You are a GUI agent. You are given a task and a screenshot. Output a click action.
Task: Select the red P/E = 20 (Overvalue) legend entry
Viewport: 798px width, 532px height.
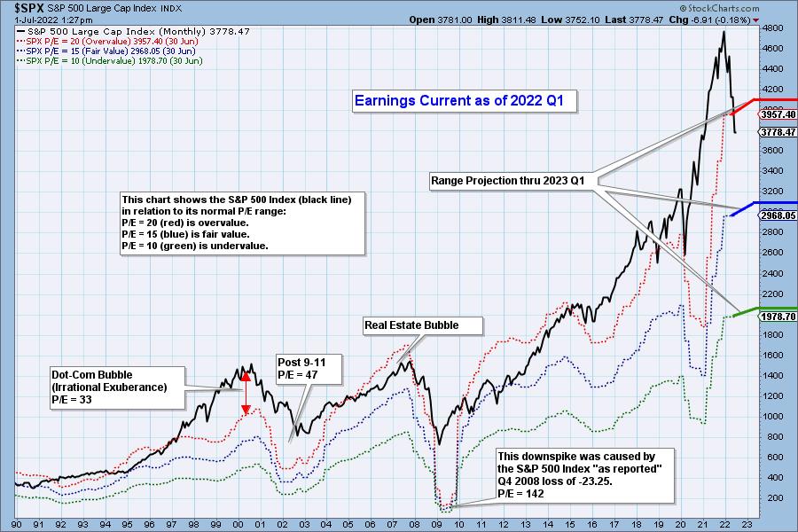pyautogui.click(x=106, y=42)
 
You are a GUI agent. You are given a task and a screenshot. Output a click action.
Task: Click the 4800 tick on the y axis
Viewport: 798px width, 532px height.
pyautogui.click(x=772, y=27)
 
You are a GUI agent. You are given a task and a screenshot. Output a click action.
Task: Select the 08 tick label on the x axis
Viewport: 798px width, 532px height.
pyautogui.click(x=415, y=523)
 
